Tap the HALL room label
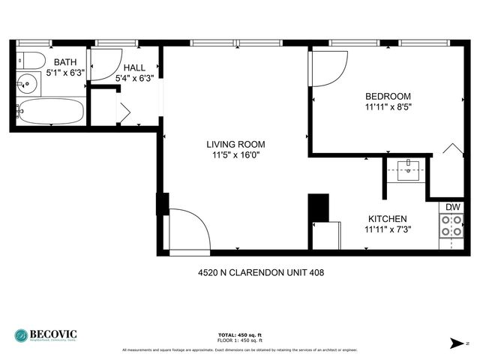134,67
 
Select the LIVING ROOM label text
236,144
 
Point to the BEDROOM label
388,96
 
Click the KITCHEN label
388,218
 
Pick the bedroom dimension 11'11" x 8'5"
388,106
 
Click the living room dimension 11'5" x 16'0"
236,155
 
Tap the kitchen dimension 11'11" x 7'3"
388,229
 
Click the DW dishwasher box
453,207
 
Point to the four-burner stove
452,226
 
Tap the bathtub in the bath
51,112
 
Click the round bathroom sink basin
28,84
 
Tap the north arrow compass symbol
457,343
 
